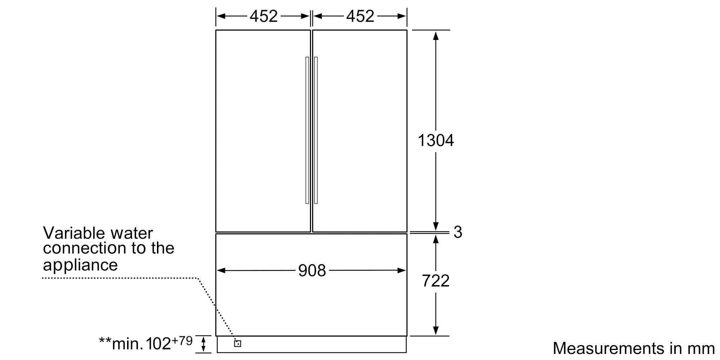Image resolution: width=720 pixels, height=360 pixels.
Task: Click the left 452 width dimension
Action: point(264,16)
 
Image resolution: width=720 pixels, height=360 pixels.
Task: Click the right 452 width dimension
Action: point(360,16)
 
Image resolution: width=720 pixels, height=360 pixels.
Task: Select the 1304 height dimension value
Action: point(436,140)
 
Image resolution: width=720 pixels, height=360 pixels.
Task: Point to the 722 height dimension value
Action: point(436,281)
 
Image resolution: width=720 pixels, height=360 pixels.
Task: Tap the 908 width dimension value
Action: point(312,270)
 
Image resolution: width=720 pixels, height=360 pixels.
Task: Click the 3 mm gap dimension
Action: point(458,232)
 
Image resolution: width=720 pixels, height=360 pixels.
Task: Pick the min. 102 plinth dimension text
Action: point(135,344)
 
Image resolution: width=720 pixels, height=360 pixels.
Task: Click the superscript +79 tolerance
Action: point(183,340)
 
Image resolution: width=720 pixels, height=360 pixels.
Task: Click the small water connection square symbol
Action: point(238,343)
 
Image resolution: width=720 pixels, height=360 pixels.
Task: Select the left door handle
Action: point(307,130)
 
